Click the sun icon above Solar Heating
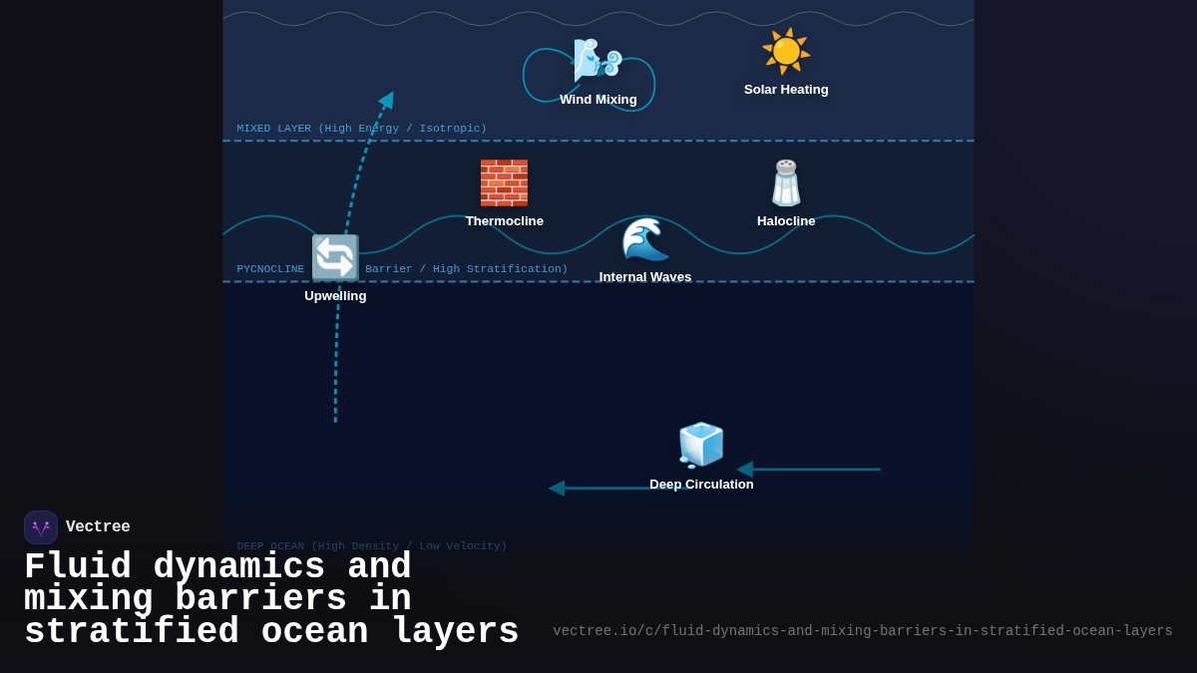pos(786,51)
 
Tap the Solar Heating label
pos(786,90)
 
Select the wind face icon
pos(597,60)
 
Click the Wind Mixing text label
pos(598,100)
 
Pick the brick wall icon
pos(504,182)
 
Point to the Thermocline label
pos(504,221)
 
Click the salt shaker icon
pos(786,182)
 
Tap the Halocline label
pos(786,221)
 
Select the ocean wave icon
pos(645,239)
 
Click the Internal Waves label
pos(644,277)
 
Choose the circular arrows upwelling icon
pos(335,258)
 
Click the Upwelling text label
pos(335,296)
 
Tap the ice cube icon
pos(701,445)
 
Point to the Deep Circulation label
pos(701,485)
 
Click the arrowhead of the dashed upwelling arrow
pos(387,100)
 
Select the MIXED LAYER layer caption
pos(361,129)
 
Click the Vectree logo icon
pos(41,527)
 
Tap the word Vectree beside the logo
pos(98,527)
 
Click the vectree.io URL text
pos(862,631)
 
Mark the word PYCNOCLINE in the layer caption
pos(270,269)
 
